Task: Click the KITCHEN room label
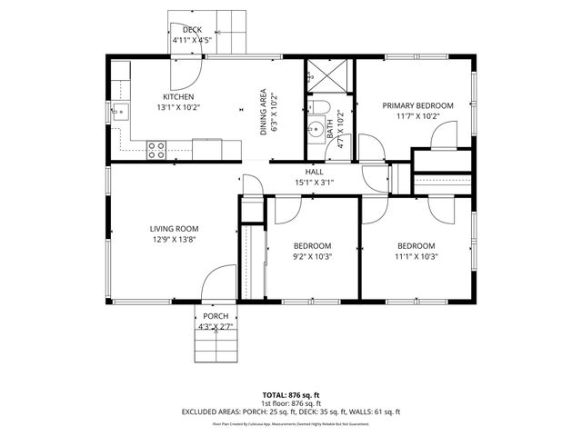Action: [178, 97]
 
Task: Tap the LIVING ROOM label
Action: [175, 229]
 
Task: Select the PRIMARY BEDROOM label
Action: [417, 105]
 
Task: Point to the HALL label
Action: [314, 172]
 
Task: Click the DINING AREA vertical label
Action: [264, 111]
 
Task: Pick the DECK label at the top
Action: [191, 30]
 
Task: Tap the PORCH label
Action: [216, 316]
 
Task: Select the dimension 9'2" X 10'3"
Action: [312, 257]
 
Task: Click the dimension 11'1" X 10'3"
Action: [416, 256]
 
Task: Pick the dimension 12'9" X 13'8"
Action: [175, 240]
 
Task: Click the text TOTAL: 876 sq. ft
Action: [290, 395]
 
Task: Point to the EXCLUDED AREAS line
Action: [290, 411]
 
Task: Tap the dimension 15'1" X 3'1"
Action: [314, 183]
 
